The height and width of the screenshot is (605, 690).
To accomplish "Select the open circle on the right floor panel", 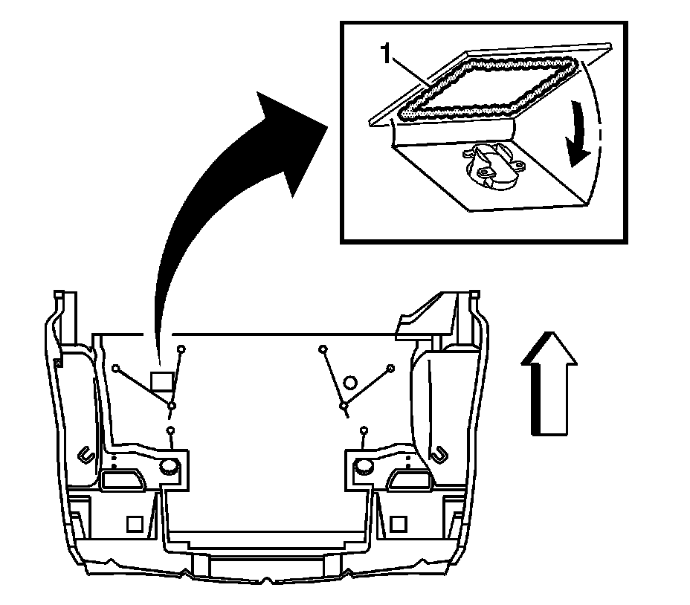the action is coord(350,384).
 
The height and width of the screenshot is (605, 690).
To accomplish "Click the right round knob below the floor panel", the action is coord(364,467).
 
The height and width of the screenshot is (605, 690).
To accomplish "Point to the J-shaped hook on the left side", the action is coord(84,452).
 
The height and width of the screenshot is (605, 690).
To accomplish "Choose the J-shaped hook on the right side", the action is coord(440,451).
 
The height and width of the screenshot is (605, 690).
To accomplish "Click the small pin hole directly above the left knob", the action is coord(171,431).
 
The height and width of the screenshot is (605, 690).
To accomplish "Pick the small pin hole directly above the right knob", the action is coord(364,431).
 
